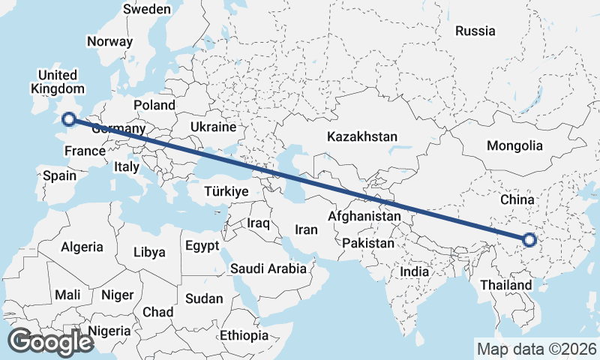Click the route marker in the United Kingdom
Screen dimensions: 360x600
(69, 118)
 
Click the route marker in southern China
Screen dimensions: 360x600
(529, 240)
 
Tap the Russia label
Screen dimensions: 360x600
(475, 31)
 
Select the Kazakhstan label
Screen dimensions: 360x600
(361, 136)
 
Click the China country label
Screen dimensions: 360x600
(517, 199)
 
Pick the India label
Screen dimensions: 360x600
(415, 271)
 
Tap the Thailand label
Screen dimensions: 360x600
(506, 285)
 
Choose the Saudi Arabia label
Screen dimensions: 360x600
(268, 268)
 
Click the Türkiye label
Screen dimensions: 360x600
(226, 192)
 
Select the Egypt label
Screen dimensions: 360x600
(202, 245)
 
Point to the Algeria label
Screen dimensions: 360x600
(82, 247)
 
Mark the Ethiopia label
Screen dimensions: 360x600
(244, 335)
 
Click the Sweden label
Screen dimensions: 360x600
(147, 9)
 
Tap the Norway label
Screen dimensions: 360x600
(109, 41)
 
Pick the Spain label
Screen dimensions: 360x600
(60, 175)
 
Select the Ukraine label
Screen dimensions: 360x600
(213, 127)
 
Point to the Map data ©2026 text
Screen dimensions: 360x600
(537, 349)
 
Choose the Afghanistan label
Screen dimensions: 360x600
(364, 216)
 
